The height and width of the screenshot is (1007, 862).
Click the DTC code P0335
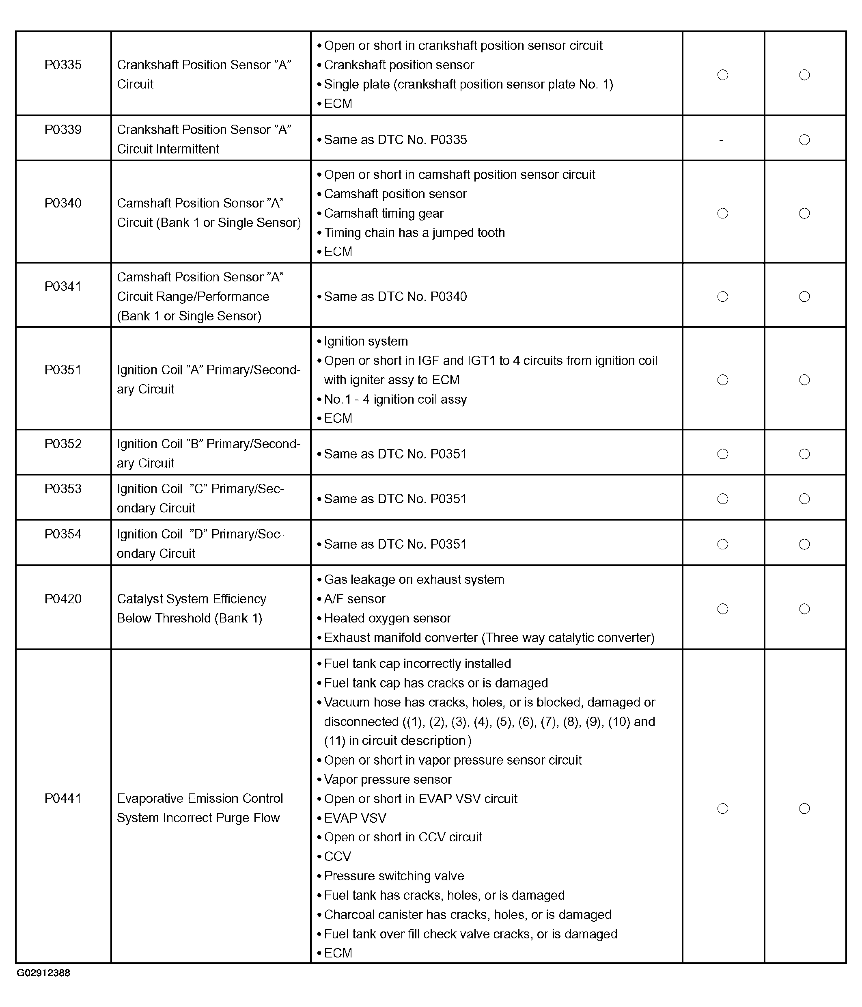click(x=63, y=65)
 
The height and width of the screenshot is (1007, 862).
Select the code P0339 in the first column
click(x=63, y=130)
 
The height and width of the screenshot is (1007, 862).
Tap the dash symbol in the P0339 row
click(x=721, y=140)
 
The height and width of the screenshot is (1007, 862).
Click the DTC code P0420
click(x=63, y=599)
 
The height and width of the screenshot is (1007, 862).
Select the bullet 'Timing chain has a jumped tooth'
click(x=414, y=233)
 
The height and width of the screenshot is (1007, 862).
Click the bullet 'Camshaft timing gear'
click(x=384, y=213)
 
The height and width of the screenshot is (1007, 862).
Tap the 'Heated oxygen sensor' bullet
click(x=387, y=618)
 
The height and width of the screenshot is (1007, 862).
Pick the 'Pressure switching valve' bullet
click(x=394, y=876)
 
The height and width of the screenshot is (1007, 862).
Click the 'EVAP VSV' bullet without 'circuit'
click(x=355, y=818)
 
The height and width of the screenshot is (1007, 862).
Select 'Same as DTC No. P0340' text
click(x=395, y=296)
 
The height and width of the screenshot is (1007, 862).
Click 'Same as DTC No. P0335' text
click(x=395, y=140)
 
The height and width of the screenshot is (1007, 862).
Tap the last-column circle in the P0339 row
click(x=804, y=140)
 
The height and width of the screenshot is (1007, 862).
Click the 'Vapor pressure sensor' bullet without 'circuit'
click(x=388, y=780)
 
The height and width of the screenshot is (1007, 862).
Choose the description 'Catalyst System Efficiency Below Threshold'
click(x=191, y=609)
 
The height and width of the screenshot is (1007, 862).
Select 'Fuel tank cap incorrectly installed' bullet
click(x=417, y=664)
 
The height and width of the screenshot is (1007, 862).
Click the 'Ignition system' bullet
click(x=366, y=341)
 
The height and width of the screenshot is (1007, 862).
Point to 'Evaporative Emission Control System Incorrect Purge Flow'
click(x=200, y=808)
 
